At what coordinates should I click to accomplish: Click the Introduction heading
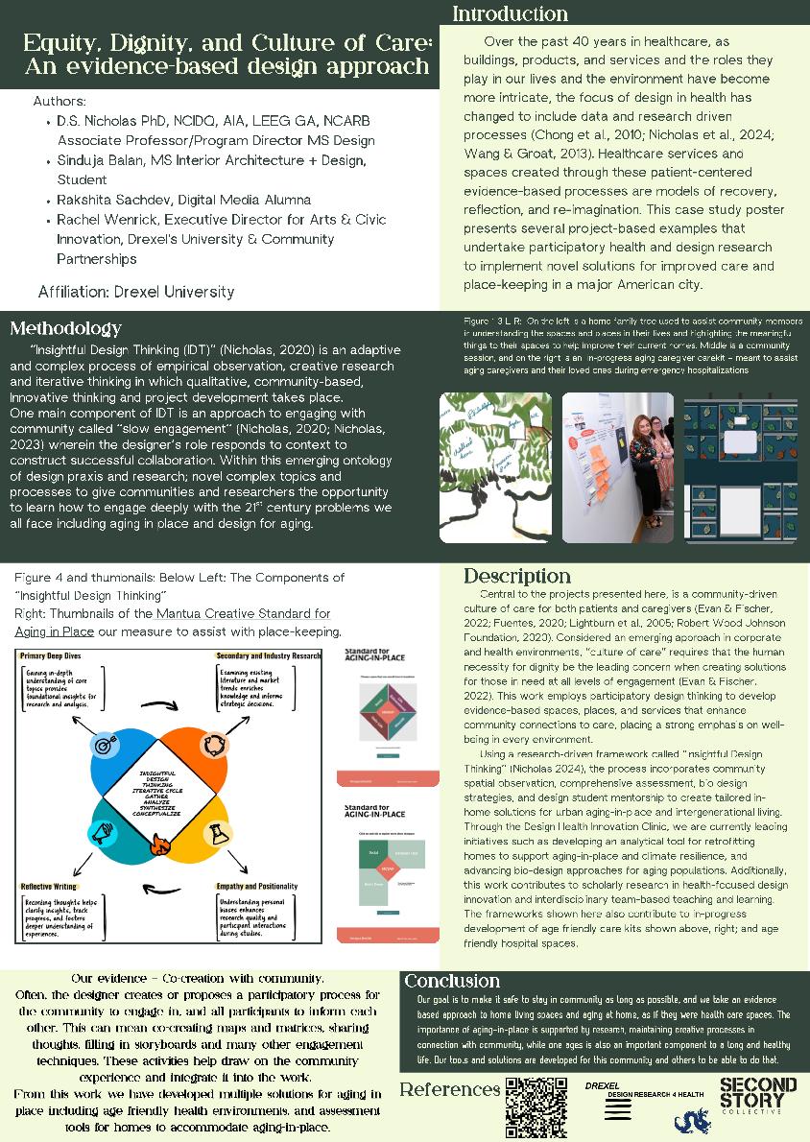pyautogui.click(x=510, y=13)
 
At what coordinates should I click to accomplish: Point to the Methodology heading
pyautogui.click(x=66, y=329)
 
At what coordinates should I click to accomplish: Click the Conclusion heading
pyautogui.click(x=451, y=981)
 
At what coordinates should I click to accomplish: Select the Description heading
pyautogui.click(x=517, y=576)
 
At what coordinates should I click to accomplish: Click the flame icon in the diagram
pyautogui.click(x=159, y=845)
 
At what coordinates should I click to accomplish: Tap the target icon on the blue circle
pyautogui.click(x=102, y=744)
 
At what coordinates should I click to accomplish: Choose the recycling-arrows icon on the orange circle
pyautogui.click(x=216, y=744)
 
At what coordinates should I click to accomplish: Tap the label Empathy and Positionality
pyautogui.click(x=256, y=886)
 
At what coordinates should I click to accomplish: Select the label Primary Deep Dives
pyautogui.click(x=53, y=655)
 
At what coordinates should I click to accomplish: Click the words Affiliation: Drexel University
pyautogui.click(x=135, y=291)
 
